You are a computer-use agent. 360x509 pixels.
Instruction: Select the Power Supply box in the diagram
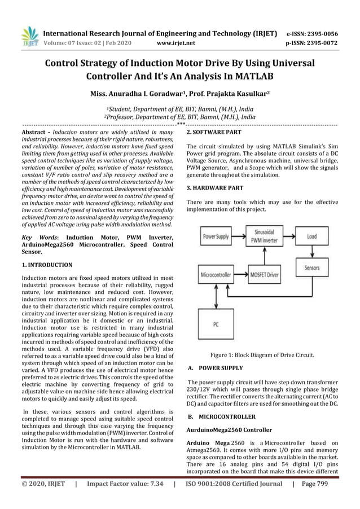215,236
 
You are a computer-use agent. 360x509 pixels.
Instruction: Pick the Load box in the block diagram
312,236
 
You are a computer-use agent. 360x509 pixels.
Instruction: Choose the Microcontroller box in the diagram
215,276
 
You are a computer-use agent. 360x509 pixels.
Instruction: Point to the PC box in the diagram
215,324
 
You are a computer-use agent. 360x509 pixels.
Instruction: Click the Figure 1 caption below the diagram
262,355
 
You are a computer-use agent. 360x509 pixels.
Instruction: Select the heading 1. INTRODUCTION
47,265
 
